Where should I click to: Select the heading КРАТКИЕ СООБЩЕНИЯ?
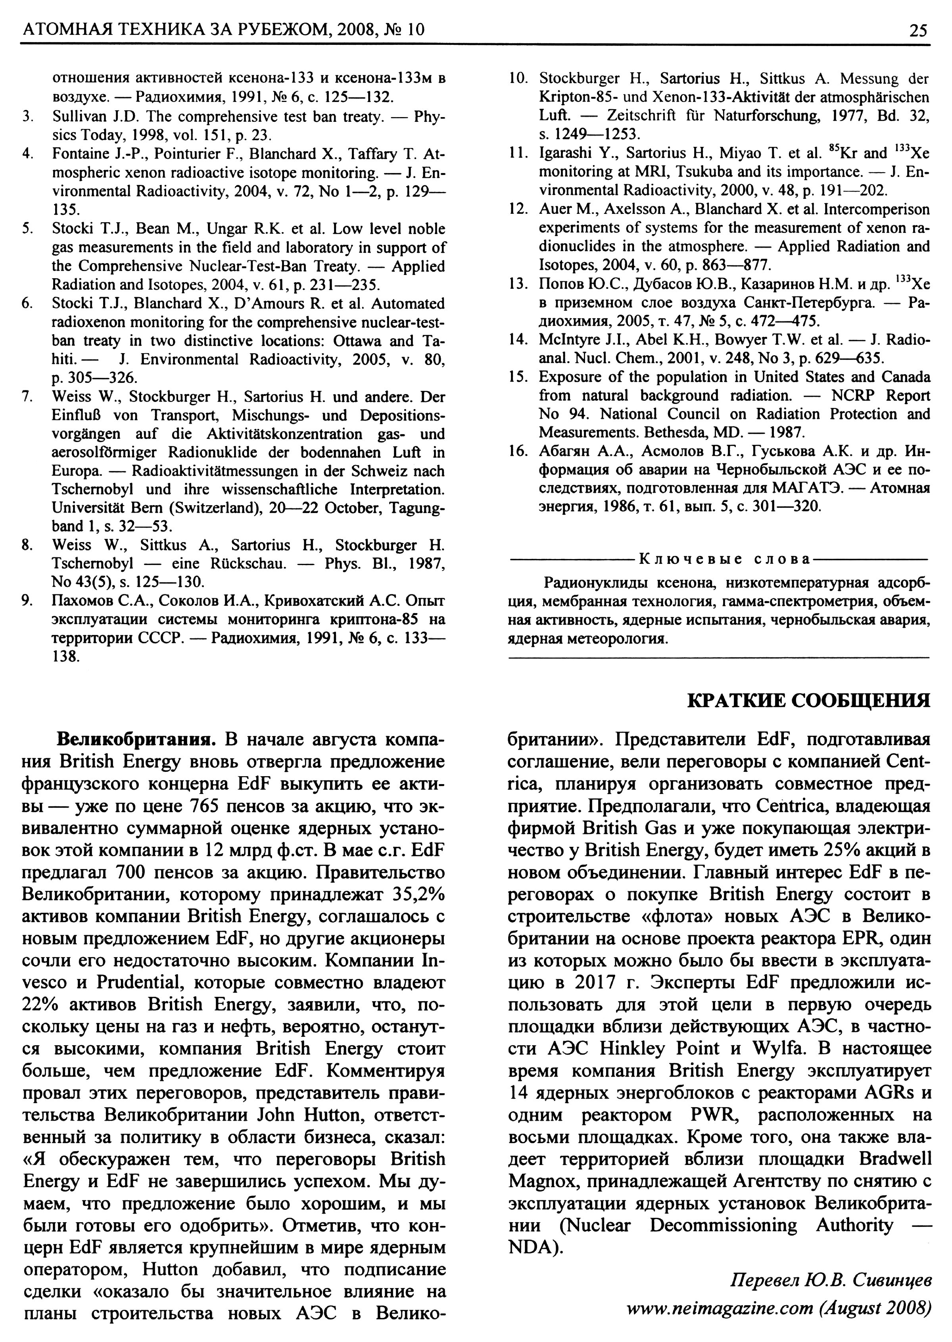coord(808,700)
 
